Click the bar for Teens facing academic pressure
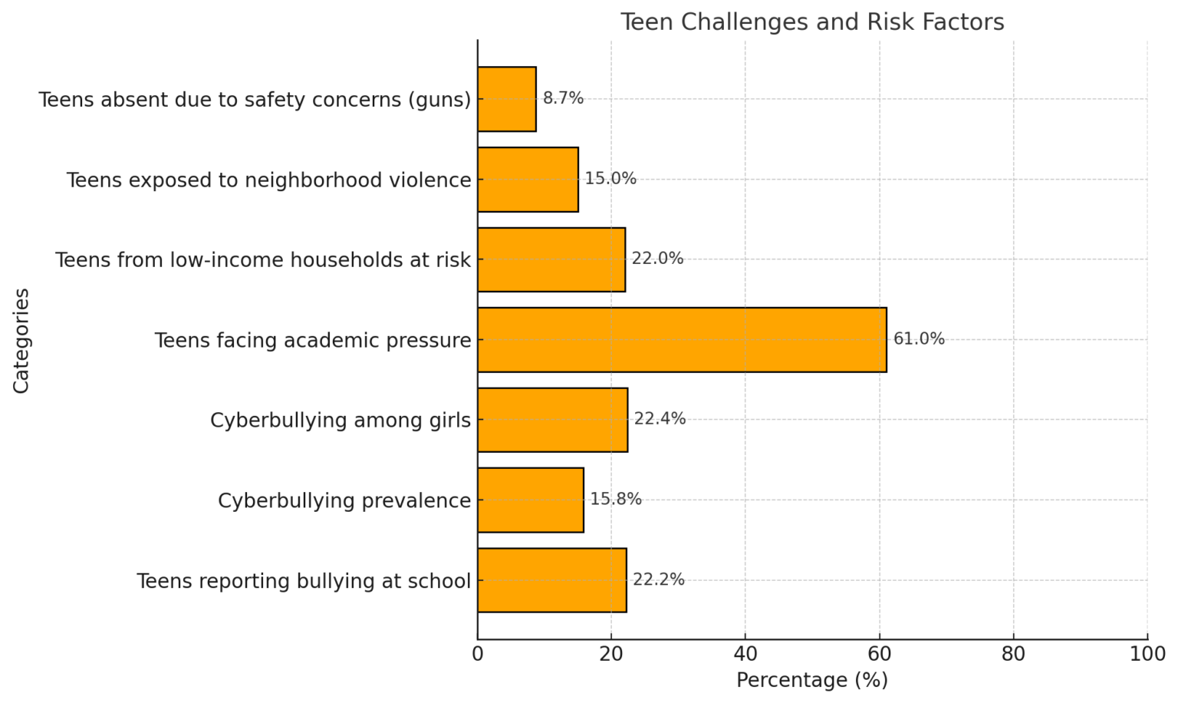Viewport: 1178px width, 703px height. [681, 340]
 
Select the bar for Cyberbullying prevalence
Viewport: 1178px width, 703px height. [530, 500]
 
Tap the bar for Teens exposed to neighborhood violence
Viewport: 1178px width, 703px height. [528, 180]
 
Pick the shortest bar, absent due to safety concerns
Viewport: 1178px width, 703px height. [506, 99]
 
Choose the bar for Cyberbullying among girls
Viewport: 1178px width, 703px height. [552, 420]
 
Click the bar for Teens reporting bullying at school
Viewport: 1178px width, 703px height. [551, 580]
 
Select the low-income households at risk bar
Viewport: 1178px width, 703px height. [551, 259]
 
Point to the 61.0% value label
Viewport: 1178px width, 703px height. [919, 339]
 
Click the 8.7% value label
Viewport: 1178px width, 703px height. [563, 98]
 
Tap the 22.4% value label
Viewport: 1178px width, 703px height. [660, 419]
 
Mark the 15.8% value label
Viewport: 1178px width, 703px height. [615, 500]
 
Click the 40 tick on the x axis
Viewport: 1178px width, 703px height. [745, 654]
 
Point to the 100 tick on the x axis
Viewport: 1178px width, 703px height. [1147, 654]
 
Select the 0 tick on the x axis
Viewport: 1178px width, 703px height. [478, 654]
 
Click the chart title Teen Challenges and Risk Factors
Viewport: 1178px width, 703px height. [811, 21]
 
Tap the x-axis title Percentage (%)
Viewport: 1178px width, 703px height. [811, 680]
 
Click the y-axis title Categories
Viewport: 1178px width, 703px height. [21, 340]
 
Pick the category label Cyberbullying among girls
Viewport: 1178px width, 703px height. [341, 421]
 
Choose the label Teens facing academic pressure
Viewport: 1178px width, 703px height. [313, 340]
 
